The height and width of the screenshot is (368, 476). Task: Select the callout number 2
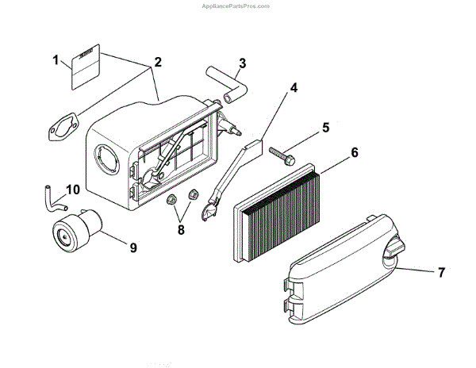159,63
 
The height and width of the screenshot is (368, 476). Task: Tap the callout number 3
242,63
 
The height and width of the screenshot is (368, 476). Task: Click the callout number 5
325,127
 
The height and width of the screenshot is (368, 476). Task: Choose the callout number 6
355,151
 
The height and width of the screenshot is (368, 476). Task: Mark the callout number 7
441,272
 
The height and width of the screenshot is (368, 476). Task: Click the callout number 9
133,248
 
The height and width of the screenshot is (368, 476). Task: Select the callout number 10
73,190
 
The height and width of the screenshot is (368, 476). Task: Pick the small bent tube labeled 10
52,197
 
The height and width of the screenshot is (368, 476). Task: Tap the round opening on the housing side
106,157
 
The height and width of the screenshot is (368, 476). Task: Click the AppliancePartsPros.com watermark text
238,5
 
